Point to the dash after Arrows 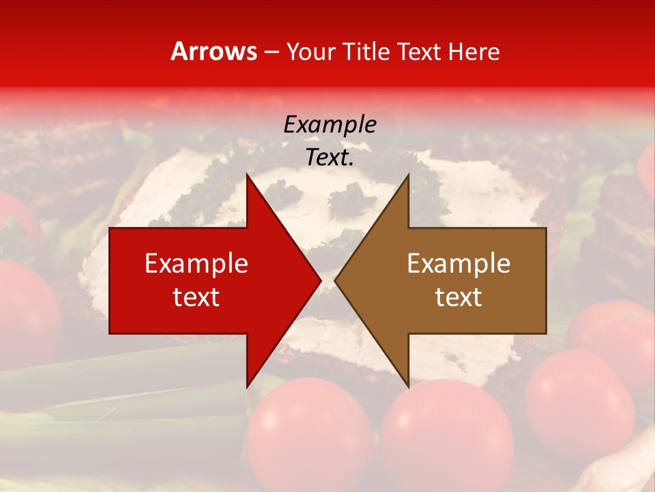(271, 52)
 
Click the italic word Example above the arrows (330, 124)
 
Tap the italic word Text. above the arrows (330, 157)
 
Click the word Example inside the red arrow (196, 264)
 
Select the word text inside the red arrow (196, 297)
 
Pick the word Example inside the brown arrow (458, 264)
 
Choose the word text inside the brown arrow (458, 297)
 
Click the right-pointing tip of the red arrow (321, 280)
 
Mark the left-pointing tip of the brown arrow (334, 280)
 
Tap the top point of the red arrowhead (247, 174)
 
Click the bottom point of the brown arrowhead (408, 387)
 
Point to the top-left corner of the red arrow (110, 228)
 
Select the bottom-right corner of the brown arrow (546, 333)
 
